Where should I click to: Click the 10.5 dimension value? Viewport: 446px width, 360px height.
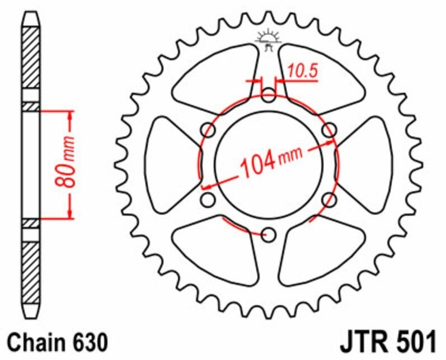pyautogui.click(x=302, y=72)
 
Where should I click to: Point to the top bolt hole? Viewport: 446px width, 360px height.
pyautogui.click(x=269, y=95)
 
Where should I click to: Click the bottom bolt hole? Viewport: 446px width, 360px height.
pyautogui.click(x=269, y=235)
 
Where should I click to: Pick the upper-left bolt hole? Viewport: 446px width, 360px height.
pyautogui.click(x=208, y=130)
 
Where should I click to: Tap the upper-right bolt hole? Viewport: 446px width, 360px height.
pyautogui.click(x=329, y=130)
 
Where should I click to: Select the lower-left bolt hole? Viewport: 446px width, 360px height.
pyautogui.click(x=208, y=200)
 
